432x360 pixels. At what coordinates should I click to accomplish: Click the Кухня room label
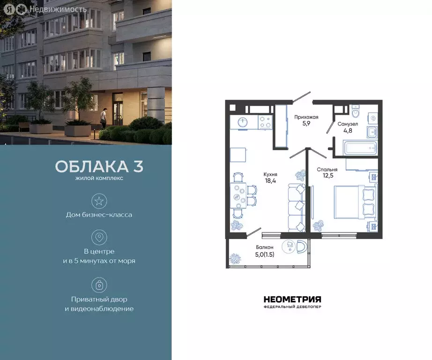270,174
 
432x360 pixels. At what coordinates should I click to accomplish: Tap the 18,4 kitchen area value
270,181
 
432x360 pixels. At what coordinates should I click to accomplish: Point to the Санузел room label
348,124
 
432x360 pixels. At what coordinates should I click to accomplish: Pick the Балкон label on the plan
264,247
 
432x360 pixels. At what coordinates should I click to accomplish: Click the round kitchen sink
243,122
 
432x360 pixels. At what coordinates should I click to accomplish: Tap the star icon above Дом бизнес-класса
99,201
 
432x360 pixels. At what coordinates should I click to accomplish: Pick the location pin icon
99,237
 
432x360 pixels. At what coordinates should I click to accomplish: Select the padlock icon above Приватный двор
99,285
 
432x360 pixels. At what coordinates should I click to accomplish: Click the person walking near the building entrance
104,118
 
